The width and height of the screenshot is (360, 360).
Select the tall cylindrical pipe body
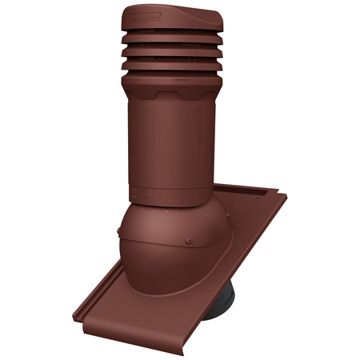[x=172, y=144]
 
